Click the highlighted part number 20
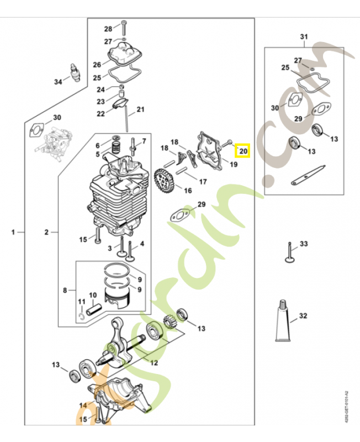(x=243, y=150)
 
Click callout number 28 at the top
(x=108, y=29)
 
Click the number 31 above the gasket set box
(x=303, y=37)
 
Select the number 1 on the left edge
(x=14, y=233)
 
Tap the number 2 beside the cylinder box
(x=47, y=233)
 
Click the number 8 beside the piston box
(x=65, y=290)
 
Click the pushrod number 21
(x=140, y=109)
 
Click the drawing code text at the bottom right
(x=346, y=407)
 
